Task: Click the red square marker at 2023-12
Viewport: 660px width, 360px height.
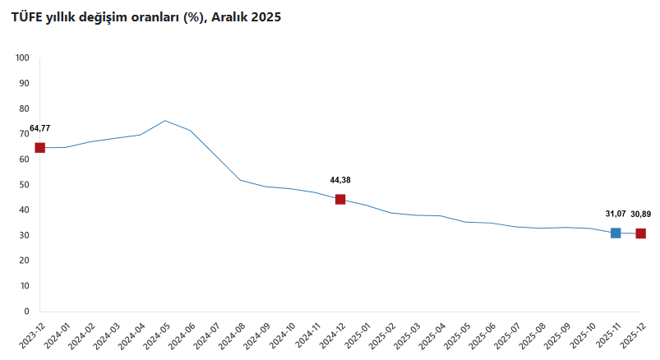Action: (39, 148)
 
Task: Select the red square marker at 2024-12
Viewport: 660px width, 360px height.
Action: (340, 199)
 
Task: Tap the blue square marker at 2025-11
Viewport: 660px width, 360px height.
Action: (616, 233)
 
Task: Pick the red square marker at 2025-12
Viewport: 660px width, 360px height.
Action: (641, 233)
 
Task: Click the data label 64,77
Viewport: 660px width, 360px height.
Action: (39, 128)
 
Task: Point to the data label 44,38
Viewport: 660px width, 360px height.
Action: (340, 180)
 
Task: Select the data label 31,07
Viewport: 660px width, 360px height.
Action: (616, 215)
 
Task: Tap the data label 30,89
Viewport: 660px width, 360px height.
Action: (641, 215)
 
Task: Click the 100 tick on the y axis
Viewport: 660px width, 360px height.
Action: (22, 58)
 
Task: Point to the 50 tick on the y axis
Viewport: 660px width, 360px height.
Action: (24, 185)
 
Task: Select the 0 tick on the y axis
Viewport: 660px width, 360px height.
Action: (26, 312)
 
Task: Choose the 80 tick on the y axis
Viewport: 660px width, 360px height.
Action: (24, 108)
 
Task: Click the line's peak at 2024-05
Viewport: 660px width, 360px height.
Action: (165, 121)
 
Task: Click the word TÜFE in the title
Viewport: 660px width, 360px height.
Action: (26, 17)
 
